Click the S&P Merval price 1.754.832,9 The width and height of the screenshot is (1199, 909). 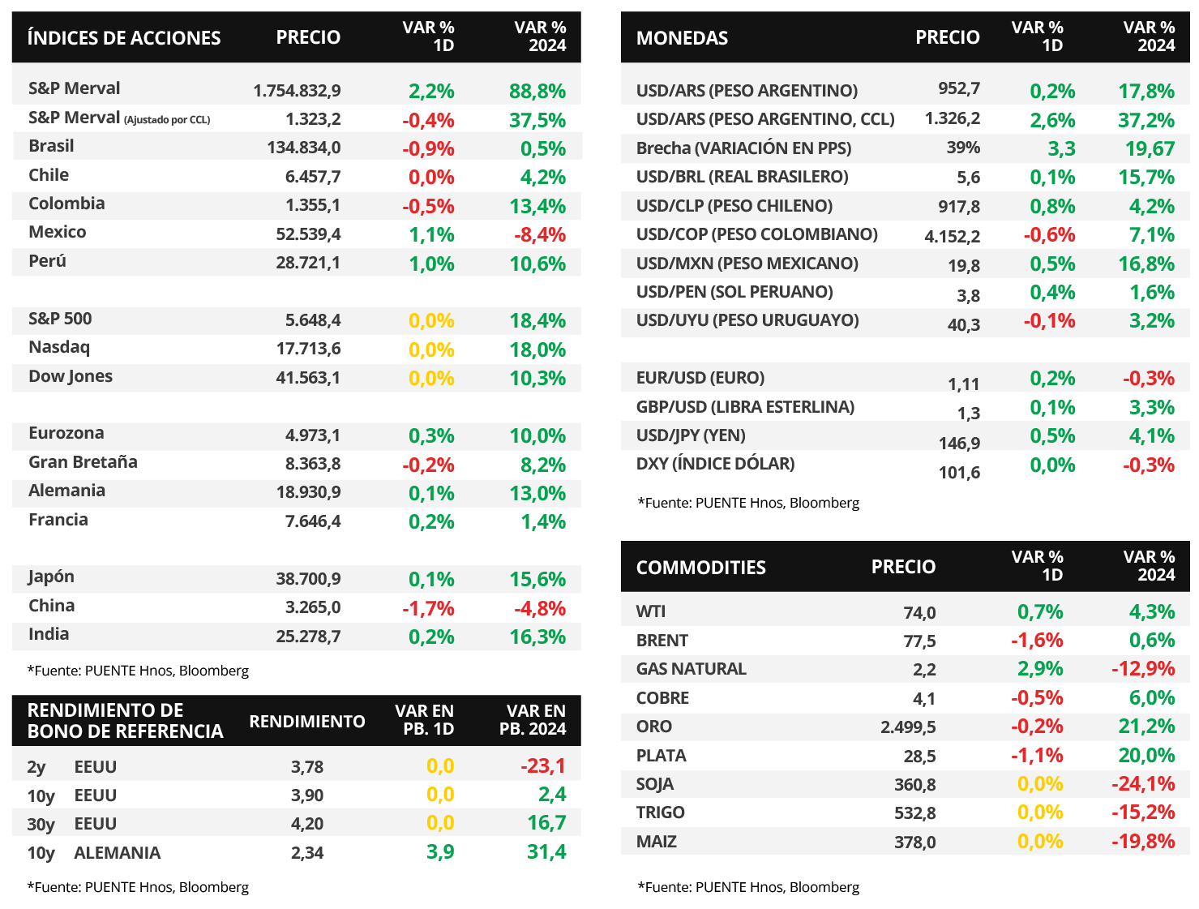click(297, 91)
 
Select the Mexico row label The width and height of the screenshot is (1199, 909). click(58, 232)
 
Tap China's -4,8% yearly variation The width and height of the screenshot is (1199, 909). click(539, 608)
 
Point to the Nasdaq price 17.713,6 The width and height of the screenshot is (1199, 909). click(308, 349)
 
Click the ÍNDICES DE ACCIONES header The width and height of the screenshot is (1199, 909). click(124, 37)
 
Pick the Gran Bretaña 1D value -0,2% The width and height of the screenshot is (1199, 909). click(428, 465)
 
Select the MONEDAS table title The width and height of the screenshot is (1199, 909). click(682, 37)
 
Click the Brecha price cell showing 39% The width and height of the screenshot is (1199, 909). click(963, 148)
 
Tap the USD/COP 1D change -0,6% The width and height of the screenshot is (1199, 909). click(1049, 235)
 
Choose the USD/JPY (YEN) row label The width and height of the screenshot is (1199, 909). click(691, 435)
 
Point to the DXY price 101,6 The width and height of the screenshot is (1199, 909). click(959, 473)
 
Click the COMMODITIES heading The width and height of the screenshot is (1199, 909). click(700, 568)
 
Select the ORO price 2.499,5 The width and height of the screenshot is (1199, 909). click(908, 727)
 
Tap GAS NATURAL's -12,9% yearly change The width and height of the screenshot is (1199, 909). click(1143, 669)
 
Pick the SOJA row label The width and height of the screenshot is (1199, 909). click(654, 784)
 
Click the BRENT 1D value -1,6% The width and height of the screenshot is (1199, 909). click(1037, 641)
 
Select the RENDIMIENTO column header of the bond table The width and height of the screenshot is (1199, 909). click(307, 722)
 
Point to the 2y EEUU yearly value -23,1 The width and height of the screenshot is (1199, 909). click(543, 766)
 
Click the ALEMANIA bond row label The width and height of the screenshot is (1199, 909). click(117, 853)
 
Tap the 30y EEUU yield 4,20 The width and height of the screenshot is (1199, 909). click(307, 824)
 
